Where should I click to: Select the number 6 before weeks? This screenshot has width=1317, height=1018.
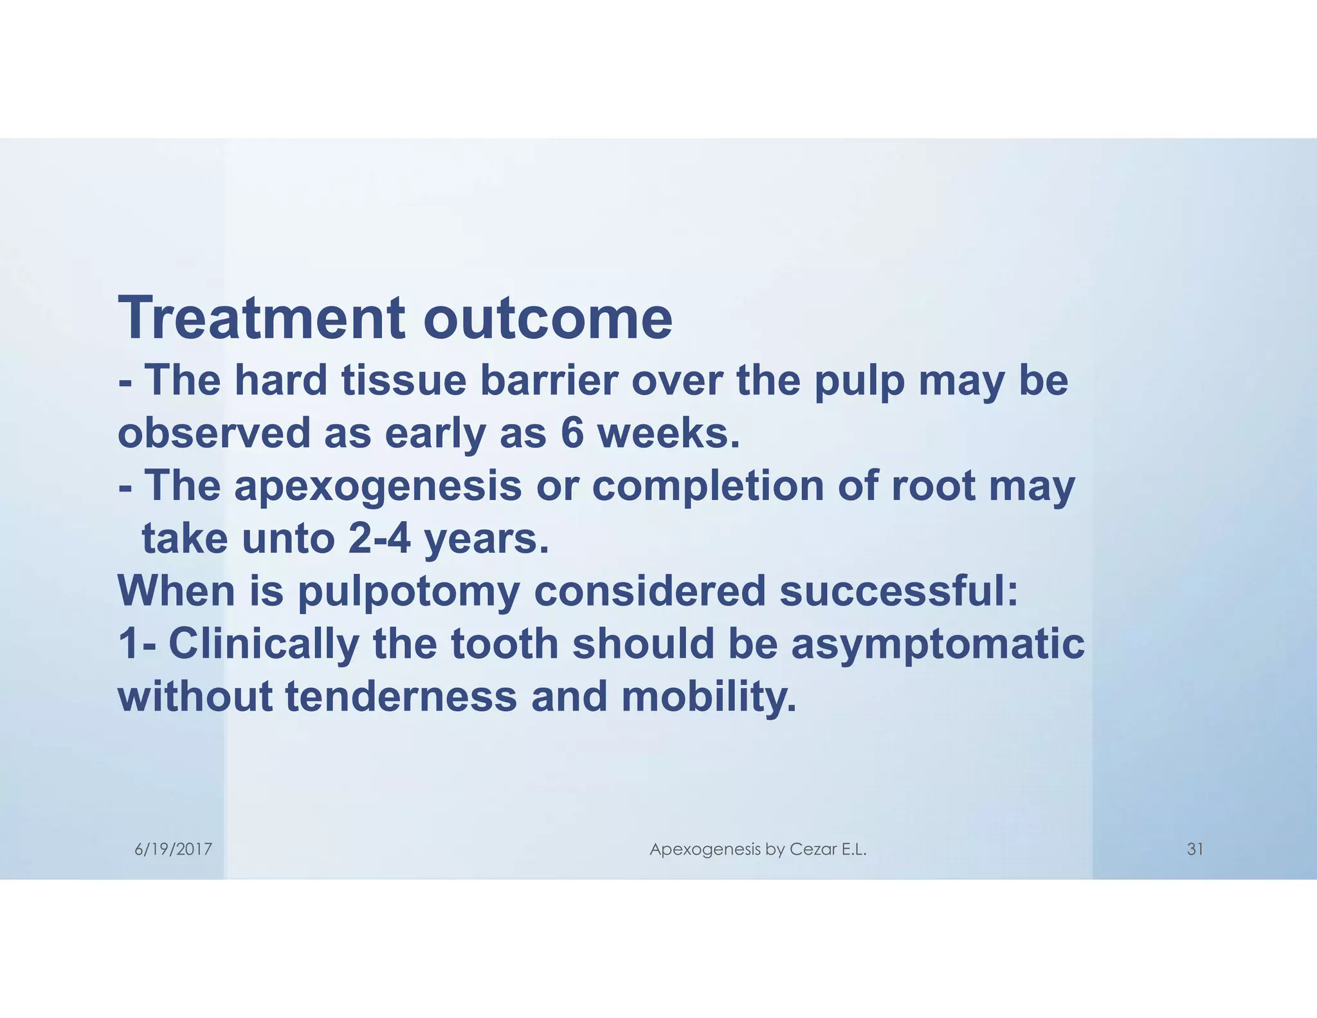pos(572,433)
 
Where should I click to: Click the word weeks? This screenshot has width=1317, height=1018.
pos(669,433)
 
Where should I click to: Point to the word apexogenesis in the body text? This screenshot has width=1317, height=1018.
pos(378,486)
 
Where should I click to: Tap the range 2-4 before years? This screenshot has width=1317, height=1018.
pos(379,539)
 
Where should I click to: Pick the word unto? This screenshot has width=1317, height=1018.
pos(287,539)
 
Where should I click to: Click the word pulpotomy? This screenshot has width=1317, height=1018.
pos(408,592)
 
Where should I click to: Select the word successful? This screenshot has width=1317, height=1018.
pos(898,592)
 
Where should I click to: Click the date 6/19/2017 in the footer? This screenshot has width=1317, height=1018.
pos(173,849)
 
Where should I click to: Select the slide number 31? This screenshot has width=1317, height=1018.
pos(1195,849)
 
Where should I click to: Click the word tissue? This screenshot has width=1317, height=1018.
pos(403,380)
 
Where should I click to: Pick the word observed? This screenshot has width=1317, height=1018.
pos(214,433)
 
